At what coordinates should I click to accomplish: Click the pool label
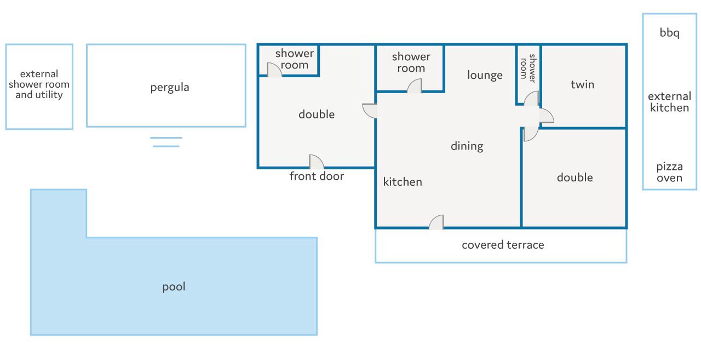[174, 287]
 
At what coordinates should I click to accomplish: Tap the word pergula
[170, 87]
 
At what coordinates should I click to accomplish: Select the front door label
[317, 176]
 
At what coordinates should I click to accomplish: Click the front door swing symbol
[317, 162]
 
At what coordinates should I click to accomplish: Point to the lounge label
[485, 75]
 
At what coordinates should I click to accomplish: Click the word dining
[467, 146]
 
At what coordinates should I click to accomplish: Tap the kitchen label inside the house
[403, 181]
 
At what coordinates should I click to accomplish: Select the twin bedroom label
[582, 84]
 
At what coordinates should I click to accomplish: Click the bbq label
[669, 33]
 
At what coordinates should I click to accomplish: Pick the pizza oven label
[669, 172]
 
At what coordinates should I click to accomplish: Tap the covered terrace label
[503, 245]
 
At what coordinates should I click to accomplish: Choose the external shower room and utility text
[39, 84]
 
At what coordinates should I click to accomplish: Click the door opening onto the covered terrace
[436, 222]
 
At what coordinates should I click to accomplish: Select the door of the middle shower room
[415, 86]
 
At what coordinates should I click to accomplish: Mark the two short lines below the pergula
[166, 142]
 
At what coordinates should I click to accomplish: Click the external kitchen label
[669, 102]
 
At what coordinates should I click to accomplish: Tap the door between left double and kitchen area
[370, 111]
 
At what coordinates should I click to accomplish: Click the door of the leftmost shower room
[274, 70]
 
